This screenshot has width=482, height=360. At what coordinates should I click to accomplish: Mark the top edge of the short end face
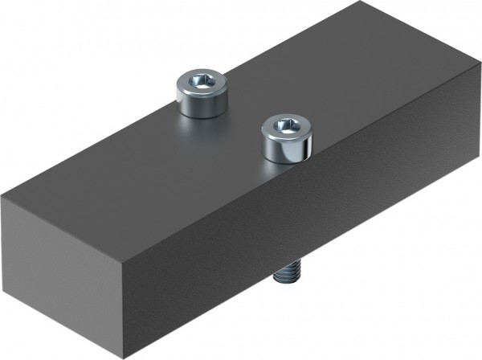(x=60, y=217)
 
